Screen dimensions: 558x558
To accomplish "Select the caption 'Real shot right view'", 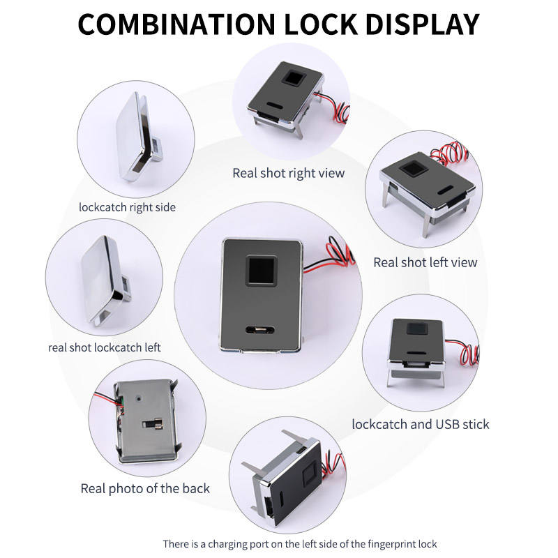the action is click(x=289, y=172).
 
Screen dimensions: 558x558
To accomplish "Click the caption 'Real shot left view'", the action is click(x=425, y=262).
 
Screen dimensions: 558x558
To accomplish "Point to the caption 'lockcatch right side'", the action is click(x=127, y=207).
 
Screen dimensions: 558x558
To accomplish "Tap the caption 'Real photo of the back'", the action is click(x=145, y=488).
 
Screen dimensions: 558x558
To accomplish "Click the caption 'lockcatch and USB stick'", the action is click(x=421, y=423).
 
